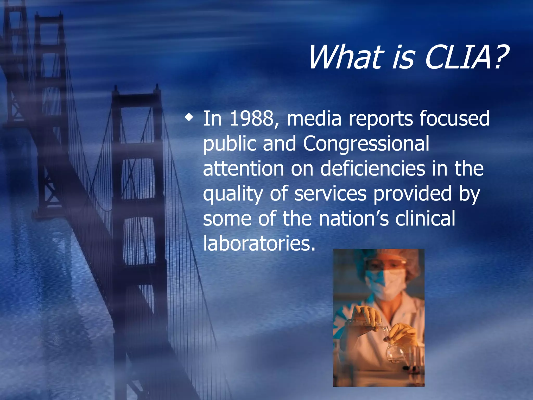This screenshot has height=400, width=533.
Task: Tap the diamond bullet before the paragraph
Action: click(189, 118)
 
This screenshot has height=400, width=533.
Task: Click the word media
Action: click(314, 119)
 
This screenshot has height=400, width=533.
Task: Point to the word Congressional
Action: click(366, 144)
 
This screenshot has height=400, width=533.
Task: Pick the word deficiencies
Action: click(372, 169)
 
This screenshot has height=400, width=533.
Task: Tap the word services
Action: click(330, 194)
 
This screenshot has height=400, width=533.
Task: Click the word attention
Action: click(243, 169)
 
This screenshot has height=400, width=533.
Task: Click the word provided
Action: click(413, 194)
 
